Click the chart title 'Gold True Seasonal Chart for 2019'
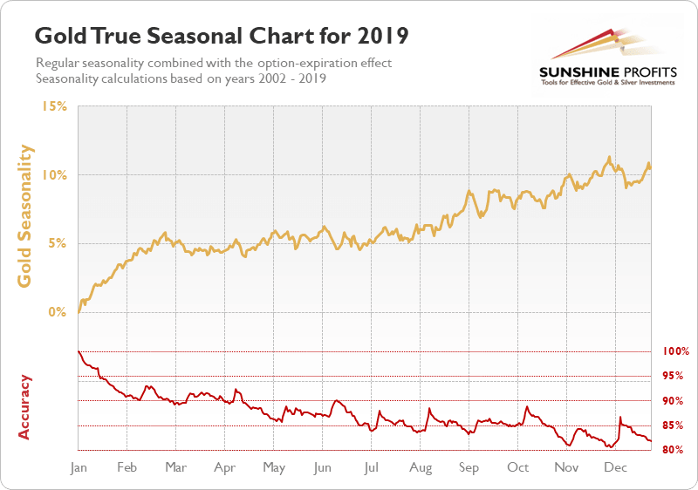coord(221,37)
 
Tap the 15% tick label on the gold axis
coord(54,106)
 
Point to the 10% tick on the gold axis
coord(54,175)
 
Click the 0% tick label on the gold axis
coord(58,312)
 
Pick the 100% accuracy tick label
coord(675,351)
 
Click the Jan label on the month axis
coord(79,468)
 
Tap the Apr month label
coord(225,468)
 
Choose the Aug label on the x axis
coord(421,468)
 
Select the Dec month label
coord(616,468)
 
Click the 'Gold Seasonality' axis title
coord(26,215)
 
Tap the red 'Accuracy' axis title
coord(25,406)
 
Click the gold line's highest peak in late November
coord(608,158)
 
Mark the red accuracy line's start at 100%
coord(79,351)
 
